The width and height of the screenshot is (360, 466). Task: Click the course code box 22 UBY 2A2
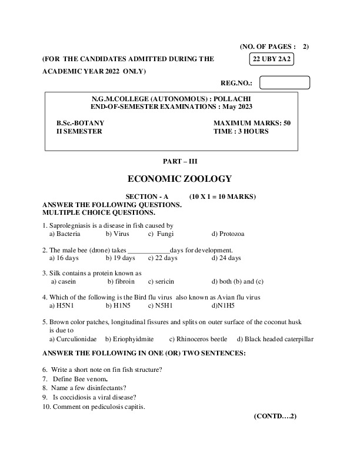click(x=272, y=59)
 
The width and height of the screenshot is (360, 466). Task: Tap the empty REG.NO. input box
click(x=285, y=83)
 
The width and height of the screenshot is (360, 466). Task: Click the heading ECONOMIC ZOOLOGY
click(x=179, y=179)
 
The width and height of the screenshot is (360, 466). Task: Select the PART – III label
click(x=179, y=161)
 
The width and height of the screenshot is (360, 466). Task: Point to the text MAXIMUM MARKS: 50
click(x=252, y=123)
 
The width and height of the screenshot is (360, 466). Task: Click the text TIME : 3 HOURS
click(x=241, y=131)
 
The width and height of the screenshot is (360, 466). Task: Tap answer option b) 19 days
click(x=120, y=258)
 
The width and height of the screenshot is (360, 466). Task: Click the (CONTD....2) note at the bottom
click(x=275, y=416)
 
